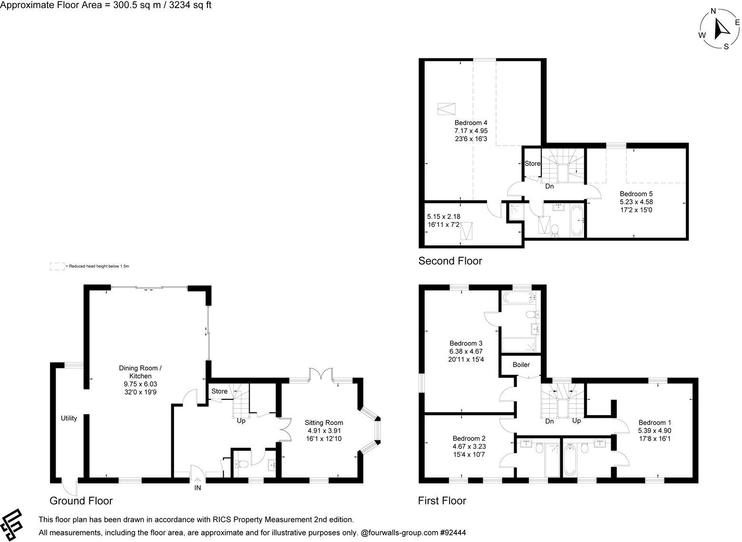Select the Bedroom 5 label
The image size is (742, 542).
[x=636, y=194]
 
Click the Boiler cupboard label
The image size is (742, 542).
[x=521, y=365]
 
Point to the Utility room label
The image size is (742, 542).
[x=69, y=418]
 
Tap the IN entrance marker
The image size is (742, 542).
[x=197, y=488]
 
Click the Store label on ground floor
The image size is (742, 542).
[x=219, y=391]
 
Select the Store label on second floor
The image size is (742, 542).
[x=532, y=164]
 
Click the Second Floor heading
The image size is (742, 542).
[x=450, y=261]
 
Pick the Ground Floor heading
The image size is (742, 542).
[x=81, y=501]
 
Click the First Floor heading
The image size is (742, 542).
[x=442, y=501]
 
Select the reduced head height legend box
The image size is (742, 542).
[x=57, y=267]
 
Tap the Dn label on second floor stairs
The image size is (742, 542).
[x=549, y=186]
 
